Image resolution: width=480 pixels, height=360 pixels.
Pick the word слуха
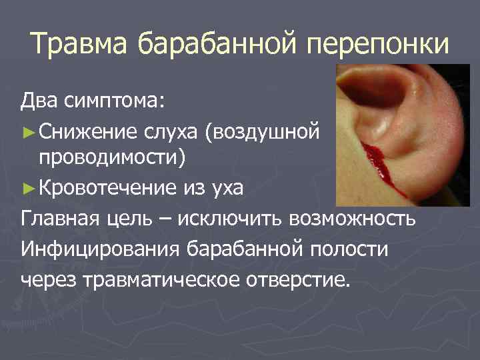[171, 131]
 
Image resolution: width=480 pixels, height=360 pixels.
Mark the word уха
[229, 188]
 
